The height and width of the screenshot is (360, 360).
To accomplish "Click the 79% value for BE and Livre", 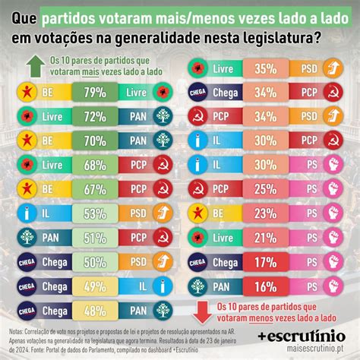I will (96, 93).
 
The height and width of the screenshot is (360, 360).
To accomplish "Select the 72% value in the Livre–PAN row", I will (96, 117).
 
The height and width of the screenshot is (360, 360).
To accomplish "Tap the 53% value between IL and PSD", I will (96, 213).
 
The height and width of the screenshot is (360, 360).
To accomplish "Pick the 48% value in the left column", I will (96, 310).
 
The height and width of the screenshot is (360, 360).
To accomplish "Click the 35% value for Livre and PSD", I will (265, 68).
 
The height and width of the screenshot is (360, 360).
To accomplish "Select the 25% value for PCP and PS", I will (265, 189).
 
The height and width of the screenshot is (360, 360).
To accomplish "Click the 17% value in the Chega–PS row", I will (265, 261).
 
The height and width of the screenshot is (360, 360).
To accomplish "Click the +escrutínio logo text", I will (302, 334).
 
